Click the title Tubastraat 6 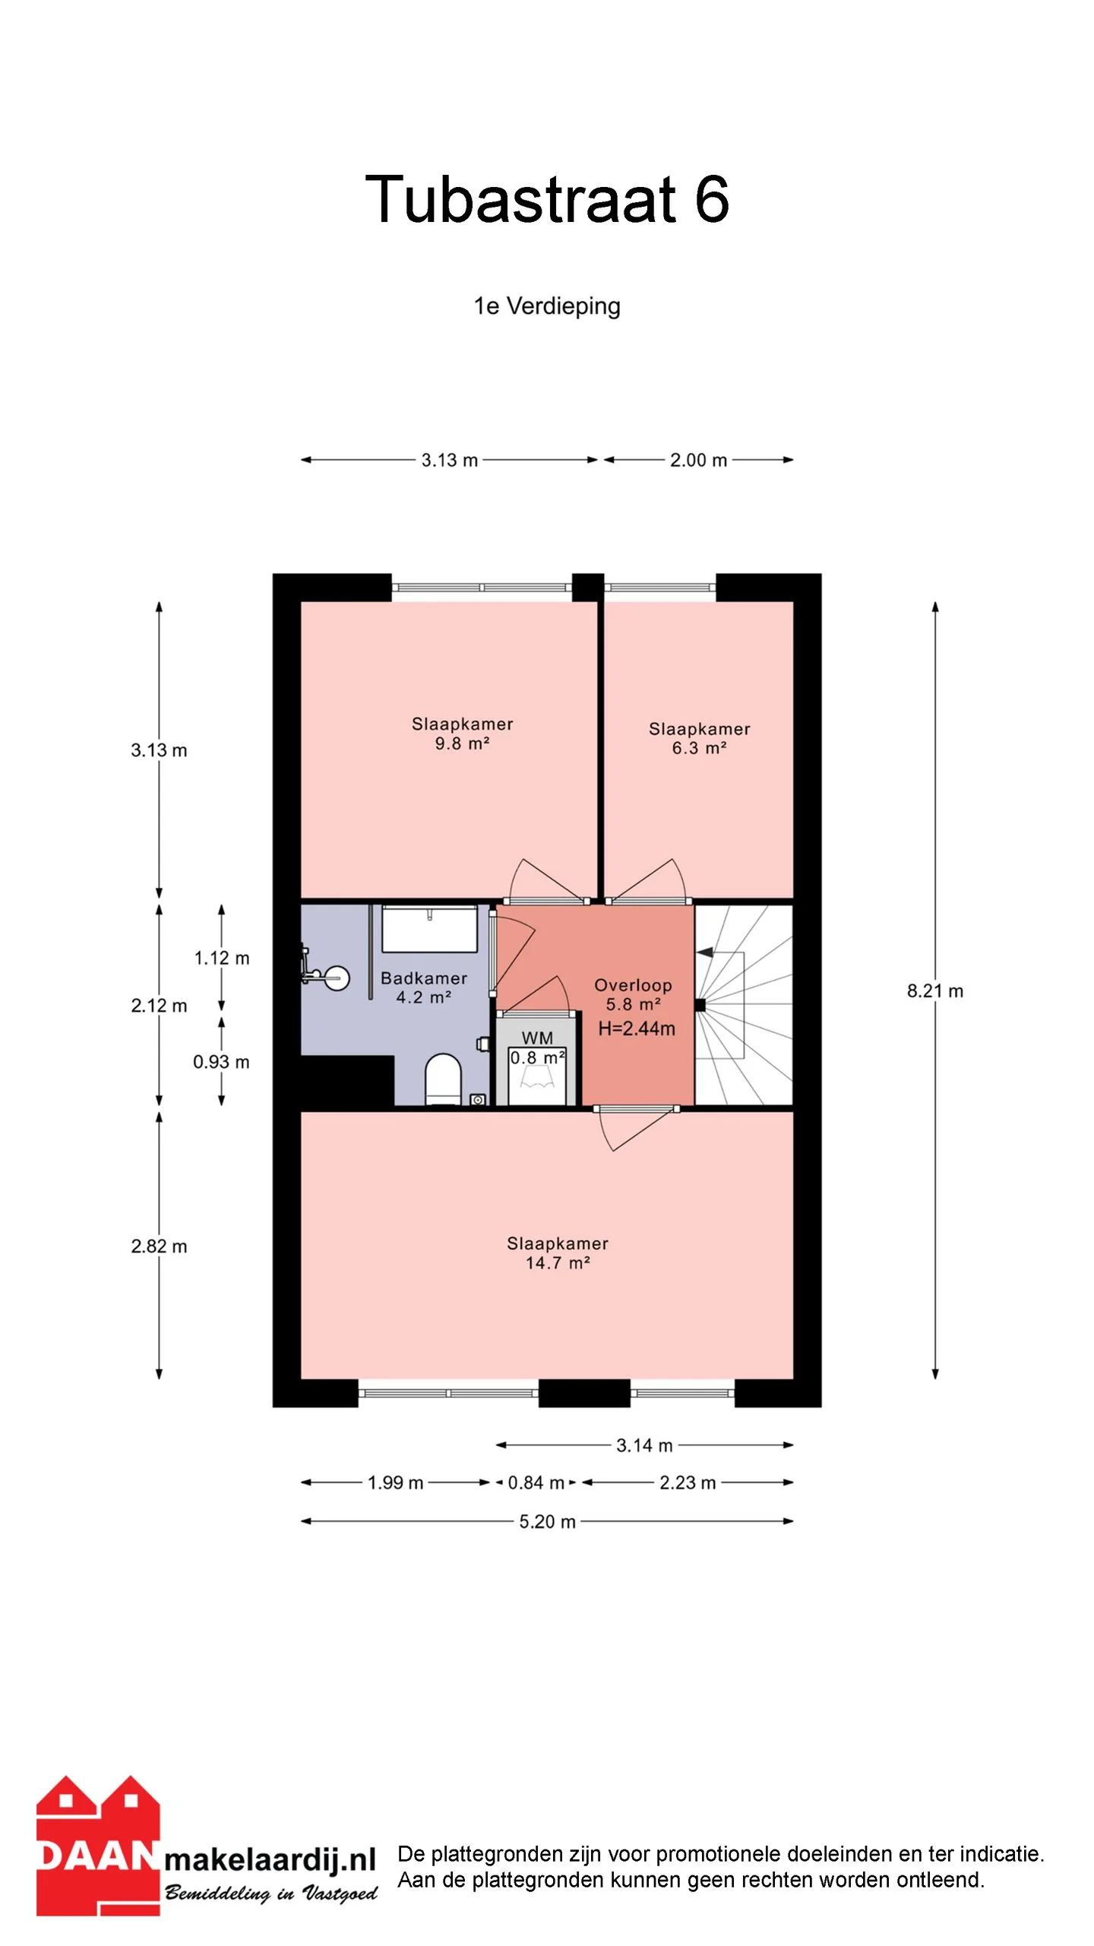point(547,199)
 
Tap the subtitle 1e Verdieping point(547,306)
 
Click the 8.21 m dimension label point(935,990)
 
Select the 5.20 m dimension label point(547,1521)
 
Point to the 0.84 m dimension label point(536,1482)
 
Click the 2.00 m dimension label point(698,460)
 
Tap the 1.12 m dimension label point(222,958)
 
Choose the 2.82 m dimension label point(159,1246)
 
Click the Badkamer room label point(424,978)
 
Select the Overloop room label point(633,985)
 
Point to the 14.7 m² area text point(558,1263)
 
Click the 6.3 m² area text point(699,748)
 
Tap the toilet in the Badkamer point(443,1079)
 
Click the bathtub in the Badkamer point(429,928)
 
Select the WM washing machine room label point(537,1038)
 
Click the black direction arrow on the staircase point(704,952)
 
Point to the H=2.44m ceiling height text point(637,1028)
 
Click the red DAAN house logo point(98,1846)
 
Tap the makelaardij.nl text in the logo point(270,1860)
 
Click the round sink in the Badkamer point(336,978)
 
